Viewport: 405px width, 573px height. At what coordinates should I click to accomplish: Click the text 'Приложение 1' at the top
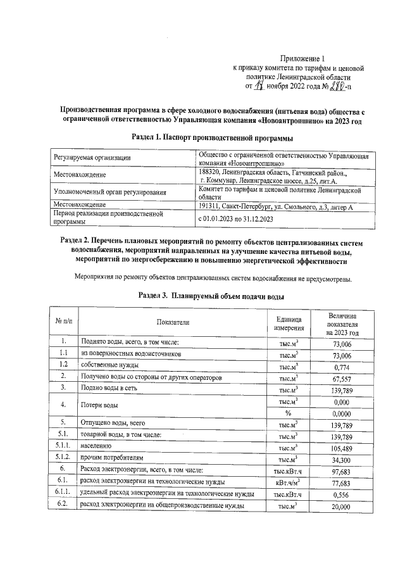pos(301,59)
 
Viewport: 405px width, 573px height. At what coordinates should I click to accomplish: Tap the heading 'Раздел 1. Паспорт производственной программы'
pos(212,137)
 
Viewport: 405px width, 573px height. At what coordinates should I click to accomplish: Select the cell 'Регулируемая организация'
pos(92,158)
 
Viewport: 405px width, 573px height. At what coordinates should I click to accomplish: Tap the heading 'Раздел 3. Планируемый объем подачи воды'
pos(211,296)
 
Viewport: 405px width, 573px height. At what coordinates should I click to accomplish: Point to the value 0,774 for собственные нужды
pos(342,366)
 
